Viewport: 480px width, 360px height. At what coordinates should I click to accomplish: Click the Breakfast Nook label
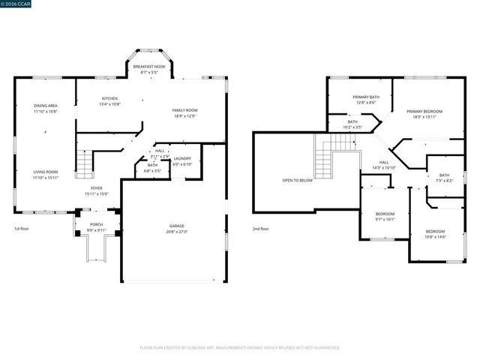click(149, 67)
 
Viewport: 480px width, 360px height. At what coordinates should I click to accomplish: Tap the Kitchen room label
click(110, 99)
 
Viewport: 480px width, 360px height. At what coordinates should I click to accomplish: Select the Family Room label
click(184, 110)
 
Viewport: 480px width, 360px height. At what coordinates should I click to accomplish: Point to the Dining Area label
click(45, 106)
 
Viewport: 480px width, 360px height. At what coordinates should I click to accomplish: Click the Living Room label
click(45, 172)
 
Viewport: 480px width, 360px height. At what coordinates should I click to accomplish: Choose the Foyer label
click(97, 188)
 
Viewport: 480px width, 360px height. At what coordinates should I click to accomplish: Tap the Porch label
click(97, 224)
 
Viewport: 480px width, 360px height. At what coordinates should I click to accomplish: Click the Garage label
click(176, 226)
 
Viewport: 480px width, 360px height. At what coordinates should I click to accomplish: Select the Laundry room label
click(182, 158)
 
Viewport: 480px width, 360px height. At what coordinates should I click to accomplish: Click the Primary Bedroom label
click(424, 111)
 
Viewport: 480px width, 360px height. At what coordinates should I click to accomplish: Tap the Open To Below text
click(296, 181)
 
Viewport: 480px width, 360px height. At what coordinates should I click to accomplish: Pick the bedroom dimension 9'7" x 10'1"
click(384, 220)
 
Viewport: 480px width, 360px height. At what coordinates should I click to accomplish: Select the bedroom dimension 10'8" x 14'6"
click(435, 237)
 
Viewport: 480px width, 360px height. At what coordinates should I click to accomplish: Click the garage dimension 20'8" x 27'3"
click(176, 232)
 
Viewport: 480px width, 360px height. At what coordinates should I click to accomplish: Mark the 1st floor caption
click(21, 229)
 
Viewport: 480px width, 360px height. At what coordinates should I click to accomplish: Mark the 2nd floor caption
click(260, 229)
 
